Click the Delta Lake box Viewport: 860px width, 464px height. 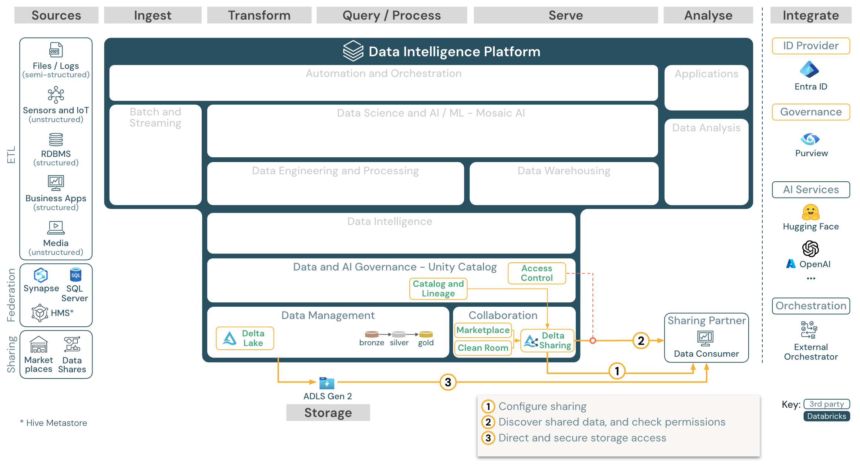[x=245, y=338]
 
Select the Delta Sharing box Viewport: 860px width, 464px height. [x=547, y=340]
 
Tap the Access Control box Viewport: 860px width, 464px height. [x=537, y=273]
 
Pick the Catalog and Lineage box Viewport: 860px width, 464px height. [x=438, y=289]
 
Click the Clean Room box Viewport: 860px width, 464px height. [x=483, y=348]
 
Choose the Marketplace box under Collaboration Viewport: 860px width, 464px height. [x=483, y=330]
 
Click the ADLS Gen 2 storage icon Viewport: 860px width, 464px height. [x=327, y=383]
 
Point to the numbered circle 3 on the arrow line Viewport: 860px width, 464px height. [x=448, y=382]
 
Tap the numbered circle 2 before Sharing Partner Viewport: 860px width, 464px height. [x=641, y=340]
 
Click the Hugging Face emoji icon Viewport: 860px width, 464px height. [x=810, y=212]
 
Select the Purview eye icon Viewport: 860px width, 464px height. [x=810, y=139]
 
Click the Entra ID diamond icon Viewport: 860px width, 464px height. [x=809, y=70]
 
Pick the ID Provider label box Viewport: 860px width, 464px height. [x=810, y=46]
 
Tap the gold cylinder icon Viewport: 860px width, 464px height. [x=426, y=334]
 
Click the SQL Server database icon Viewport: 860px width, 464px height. [x=75, y=275]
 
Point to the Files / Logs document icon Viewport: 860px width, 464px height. [x=56, y=50]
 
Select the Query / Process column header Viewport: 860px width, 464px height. [x=392, y=16]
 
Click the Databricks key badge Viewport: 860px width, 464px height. [x=826, y=416]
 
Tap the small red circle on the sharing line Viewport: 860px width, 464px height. [x=593, y=340]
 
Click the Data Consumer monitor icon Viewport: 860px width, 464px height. [x=705, y=338]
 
